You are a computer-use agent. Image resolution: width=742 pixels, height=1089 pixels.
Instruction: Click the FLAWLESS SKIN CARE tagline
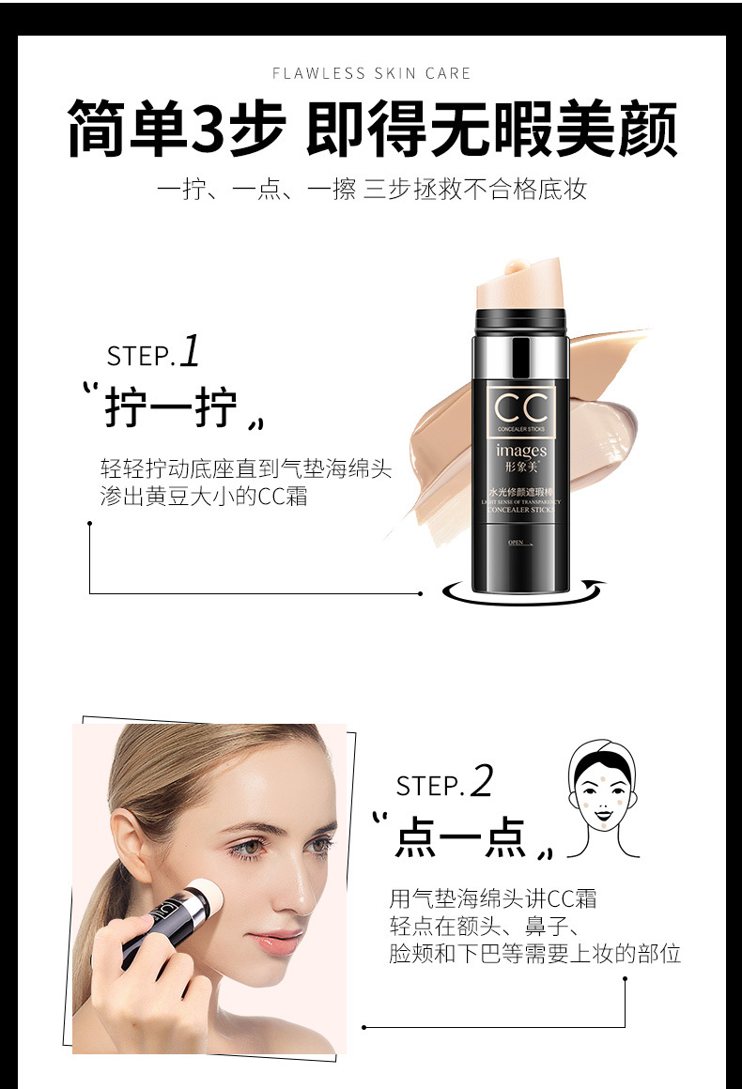[371, 73]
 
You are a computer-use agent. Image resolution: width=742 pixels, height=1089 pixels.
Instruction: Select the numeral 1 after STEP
[190, 352]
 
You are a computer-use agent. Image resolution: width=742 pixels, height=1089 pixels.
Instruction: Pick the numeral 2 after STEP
[481, 781]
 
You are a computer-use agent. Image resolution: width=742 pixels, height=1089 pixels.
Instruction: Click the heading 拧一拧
[171, 410]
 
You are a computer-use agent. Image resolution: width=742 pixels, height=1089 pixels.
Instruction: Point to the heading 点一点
[461, 836]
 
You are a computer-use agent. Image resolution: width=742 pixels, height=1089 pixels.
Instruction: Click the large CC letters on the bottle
[520, 408]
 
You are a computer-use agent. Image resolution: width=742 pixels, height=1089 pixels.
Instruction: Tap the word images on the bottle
[520, 452]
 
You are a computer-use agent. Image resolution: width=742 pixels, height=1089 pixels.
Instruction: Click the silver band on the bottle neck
[522, 354]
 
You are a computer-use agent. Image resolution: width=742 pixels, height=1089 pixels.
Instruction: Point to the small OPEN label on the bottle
[515, 543]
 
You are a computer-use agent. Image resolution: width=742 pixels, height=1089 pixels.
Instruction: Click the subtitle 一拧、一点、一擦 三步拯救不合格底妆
[371, 190]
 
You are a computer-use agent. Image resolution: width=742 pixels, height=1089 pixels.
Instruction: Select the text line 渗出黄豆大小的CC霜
[204, 497]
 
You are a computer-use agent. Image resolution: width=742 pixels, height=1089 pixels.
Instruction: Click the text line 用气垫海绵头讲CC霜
[493, 898]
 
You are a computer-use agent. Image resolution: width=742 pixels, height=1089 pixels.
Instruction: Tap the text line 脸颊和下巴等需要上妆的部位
[534, 955]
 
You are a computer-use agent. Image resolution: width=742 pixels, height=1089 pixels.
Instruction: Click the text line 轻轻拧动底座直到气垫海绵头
[245, 468]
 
